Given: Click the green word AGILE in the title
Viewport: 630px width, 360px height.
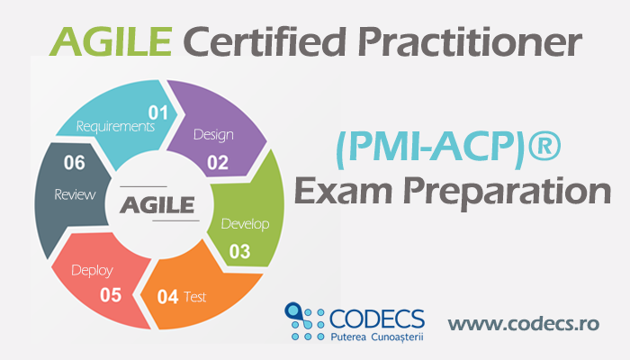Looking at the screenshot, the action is (111, 41).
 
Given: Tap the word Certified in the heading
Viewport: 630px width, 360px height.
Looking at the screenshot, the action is (265, 41).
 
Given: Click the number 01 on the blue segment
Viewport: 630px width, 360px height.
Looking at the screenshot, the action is (157, 112).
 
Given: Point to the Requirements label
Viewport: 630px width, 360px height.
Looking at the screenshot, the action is (115, 127).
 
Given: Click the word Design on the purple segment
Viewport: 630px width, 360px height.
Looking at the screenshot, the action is (213, 135).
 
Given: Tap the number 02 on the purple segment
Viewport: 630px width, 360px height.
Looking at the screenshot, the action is (218, 163).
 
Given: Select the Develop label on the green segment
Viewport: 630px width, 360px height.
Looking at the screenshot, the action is (245, 224).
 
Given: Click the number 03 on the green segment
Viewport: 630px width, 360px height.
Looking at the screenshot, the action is (240, 251).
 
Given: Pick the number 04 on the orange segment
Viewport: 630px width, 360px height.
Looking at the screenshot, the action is (167, 297).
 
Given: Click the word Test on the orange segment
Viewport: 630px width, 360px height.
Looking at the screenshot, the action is (195, 297).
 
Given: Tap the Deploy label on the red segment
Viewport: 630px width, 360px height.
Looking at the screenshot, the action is (92, 270).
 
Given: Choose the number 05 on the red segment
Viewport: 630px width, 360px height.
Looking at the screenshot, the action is (111, 295).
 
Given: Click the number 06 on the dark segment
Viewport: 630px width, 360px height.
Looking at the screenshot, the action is (75, 163).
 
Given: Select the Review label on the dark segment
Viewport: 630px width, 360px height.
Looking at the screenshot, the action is (75, 195).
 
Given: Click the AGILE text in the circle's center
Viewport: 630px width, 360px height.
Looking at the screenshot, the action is (157, 205).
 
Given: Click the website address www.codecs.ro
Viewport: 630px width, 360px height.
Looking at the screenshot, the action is (524, 324).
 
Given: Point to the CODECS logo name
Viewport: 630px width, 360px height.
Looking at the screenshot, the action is (377, 319).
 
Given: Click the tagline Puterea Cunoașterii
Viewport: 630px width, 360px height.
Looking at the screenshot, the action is (377, 337).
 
